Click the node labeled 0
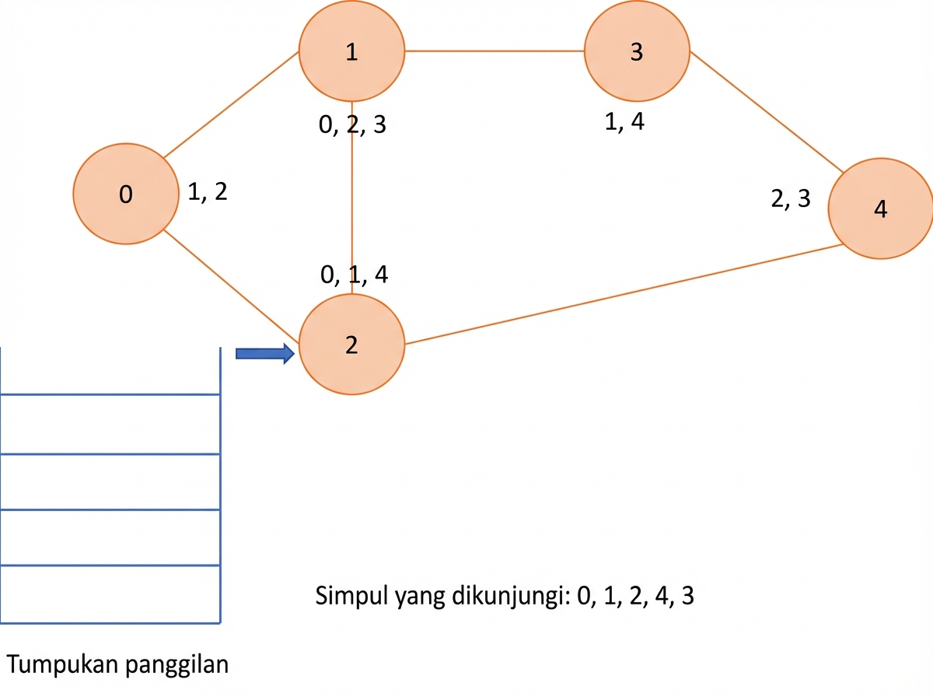[126, 194]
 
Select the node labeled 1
[352, 51]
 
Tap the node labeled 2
[352, 345]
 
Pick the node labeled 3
[637, 51]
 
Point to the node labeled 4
[881, 208]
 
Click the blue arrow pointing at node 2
[265, 353]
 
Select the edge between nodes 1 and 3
[494, 51]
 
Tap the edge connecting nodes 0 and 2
[232, 286]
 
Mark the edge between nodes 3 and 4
[767, 112]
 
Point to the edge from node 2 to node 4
[624, 294]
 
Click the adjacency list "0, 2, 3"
[352, 124]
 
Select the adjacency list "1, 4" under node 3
[624, 121]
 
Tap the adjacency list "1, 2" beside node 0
[208, 191]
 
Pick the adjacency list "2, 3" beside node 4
[791, 198]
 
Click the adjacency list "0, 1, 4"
[354, 275]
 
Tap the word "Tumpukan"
[62, 664]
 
